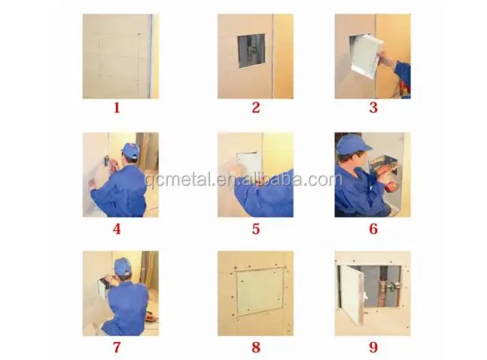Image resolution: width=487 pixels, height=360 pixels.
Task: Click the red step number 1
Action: point(117,108)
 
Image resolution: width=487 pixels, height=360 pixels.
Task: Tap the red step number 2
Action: point(256,108)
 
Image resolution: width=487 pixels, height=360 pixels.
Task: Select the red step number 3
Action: point(373,108)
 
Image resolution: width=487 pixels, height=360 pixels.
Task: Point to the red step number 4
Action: point(117,228)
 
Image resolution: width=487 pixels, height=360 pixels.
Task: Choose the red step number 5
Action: point(256,228)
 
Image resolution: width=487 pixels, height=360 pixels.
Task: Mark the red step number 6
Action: point(373,228)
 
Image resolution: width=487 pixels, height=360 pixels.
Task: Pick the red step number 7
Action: point(117,347)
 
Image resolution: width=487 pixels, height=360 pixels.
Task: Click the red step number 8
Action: point(256,347)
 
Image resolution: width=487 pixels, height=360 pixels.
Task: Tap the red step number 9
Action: point(373,347)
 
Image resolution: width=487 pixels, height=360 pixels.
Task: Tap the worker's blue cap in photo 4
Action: point(130,151)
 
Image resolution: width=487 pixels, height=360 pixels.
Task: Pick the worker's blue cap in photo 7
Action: point(123,266)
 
